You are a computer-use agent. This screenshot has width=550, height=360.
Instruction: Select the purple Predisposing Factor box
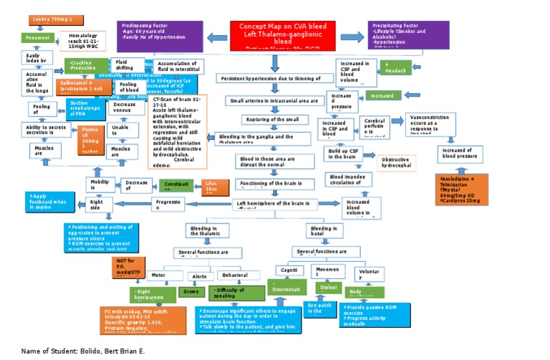pos(160,36)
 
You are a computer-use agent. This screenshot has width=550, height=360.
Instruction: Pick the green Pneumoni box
pos(37,37)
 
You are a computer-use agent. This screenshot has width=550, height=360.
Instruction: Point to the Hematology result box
pos(82,41)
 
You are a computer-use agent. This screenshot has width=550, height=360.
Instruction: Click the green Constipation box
pos(177,185)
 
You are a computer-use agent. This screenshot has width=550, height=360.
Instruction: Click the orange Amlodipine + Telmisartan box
pos(461,189)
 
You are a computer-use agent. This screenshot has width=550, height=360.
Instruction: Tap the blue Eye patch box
pos(318,308)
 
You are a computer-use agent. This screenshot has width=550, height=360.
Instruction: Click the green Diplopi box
pos(329,287)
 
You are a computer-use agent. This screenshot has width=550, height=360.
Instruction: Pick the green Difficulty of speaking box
pos(236,293)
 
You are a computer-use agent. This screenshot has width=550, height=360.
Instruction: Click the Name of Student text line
pos(83,351)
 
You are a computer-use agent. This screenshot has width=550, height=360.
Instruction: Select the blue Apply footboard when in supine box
pos(50,201)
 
